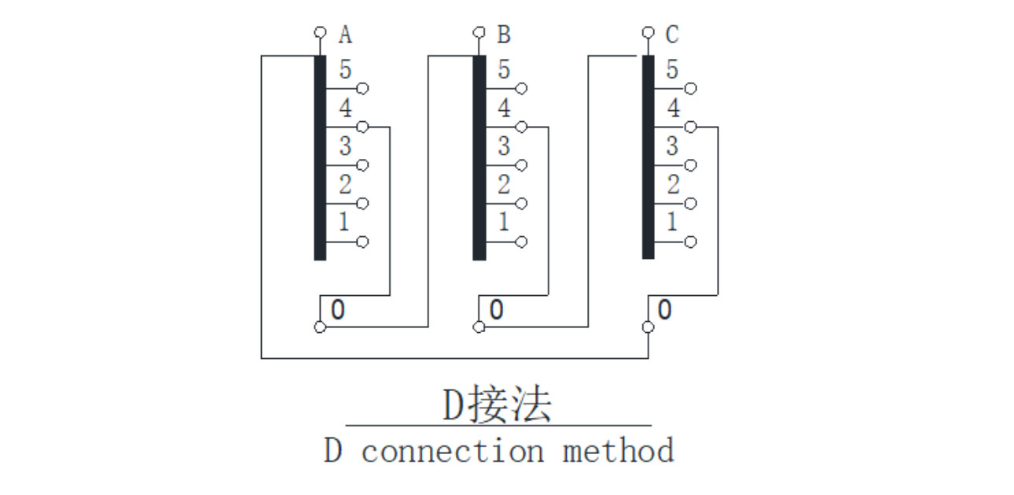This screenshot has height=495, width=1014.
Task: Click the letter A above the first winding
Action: [x=345, y=35]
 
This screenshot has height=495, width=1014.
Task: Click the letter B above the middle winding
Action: [x=504, y=35]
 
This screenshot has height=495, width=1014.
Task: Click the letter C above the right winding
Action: [x=672, y=35]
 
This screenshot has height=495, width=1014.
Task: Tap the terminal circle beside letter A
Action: [x=319, y=32]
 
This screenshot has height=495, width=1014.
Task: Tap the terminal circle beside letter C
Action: [x=647, y=32]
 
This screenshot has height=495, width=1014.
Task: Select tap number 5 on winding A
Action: [x=345, y=70]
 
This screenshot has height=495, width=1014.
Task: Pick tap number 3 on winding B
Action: [x=504, y=146]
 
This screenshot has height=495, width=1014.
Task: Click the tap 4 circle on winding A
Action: [x=362, y=127]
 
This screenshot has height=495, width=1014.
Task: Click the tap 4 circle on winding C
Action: [x=690, y=127]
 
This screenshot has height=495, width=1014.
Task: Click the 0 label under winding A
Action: [x=337, y=310]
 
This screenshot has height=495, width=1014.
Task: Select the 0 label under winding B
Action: [x=496, y=310]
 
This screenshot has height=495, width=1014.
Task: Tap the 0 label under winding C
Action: [x=664, y=310]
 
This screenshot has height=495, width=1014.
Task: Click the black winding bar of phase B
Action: [x=479, y=157]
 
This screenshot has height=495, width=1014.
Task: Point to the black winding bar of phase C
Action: [x=648, y=157]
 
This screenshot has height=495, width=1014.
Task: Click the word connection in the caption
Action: [x=452, y=452]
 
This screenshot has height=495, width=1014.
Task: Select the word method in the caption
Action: [x=618, y=452]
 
